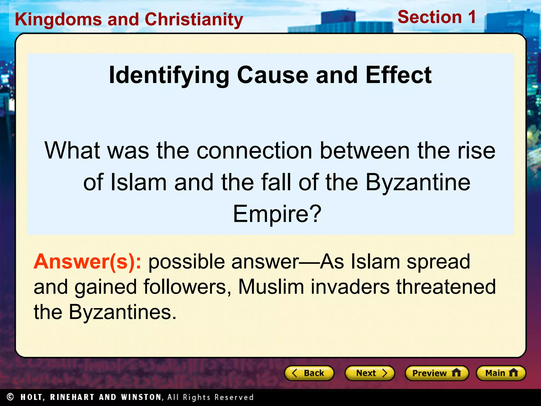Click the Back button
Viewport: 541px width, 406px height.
click(x=309, y=373)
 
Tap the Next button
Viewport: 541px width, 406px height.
click(x=370, y=373)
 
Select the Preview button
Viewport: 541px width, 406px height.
click(x=437, y=373)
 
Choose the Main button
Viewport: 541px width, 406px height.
click(x=501, y=373)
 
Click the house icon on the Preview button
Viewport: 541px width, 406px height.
click(x=456, y=373)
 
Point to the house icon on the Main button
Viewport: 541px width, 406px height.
click(x=513, y=373)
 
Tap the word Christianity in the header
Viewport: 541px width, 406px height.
click(x=194, y=20)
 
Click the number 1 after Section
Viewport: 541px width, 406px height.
click(x=472, y=17)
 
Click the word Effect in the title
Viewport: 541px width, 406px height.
click(x=399, y=75)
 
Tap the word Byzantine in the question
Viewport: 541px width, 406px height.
click(x=418, y=182)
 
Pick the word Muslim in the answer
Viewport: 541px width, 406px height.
click(x=271, y=287)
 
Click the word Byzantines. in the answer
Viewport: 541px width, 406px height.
click(x=122, y=312)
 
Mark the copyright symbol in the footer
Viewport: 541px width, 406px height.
click(x=10, y=397)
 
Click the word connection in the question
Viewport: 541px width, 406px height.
click(x=254, y=150)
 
